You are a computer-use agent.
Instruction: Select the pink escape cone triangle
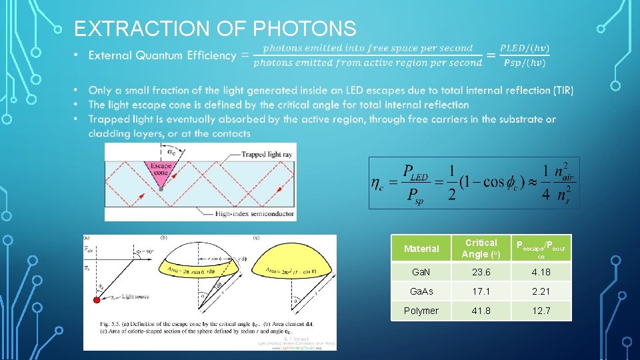(x=161, y=171)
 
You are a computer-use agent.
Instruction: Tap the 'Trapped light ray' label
(x=255, y=155)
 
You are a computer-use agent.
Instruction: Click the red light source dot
(x=97, y=301)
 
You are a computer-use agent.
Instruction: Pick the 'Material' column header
(x=421, y=249)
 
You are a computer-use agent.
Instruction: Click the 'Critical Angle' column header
(x=481, y=248)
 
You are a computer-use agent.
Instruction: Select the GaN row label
(x=421, y=272)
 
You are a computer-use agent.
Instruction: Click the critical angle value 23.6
(x=481, y=272)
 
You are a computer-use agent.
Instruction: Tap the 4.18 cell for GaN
(x=541, y=272)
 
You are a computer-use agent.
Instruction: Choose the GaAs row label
(x=421, y=291)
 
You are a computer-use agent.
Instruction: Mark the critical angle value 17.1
(x=481, y=291)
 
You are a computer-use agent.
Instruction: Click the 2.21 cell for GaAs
(x=541, y=291)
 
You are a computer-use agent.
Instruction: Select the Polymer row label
(x=421, y=311)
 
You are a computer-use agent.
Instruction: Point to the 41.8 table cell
(x=481, y=311)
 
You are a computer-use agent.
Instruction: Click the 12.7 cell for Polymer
(x=541, y=311)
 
